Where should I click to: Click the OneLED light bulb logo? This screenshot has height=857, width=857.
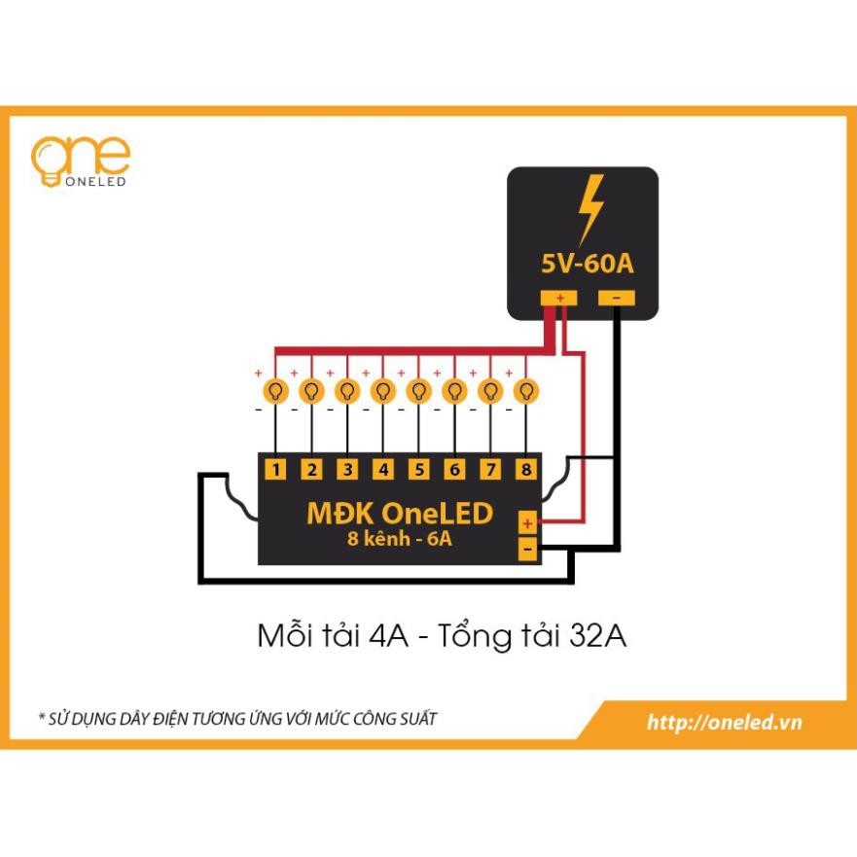pyautogui.click(x=49, y=161)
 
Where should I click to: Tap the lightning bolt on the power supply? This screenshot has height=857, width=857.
pyautogui.click(x=589, y=209)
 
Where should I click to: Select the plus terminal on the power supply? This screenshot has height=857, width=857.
pyautogui.click(x=559, y=298)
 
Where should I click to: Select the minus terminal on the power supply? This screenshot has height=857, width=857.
pyautogui.click(x=617, y=298)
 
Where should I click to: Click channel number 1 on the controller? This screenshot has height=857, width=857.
pyautogui.click(x=276, y=471)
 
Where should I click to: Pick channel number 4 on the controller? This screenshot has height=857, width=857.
pyautogui.click(x=383, y=471)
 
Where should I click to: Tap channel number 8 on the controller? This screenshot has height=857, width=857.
pyautogui.click(x=526, y=471)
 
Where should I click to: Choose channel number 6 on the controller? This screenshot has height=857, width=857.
pyautogui.click(x=454, y=471)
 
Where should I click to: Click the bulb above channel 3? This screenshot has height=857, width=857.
pyautogui.click(x=347, y=391)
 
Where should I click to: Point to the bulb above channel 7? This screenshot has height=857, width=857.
pyautogui.click(x=490, y=391)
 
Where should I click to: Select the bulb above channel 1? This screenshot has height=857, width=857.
pyautogui.click(x=276, y=391)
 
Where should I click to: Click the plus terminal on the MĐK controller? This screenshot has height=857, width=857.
pyautogui.click(x=527, y=523)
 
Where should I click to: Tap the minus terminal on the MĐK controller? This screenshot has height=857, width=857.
pyautogui.click(x=527, y=550)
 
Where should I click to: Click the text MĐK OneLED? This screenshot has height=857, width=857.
pyautogui.click(x=400, y=513)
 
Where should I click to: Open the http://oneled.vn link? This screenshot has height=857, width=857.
pyautogui.click(x=724, y=722)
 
